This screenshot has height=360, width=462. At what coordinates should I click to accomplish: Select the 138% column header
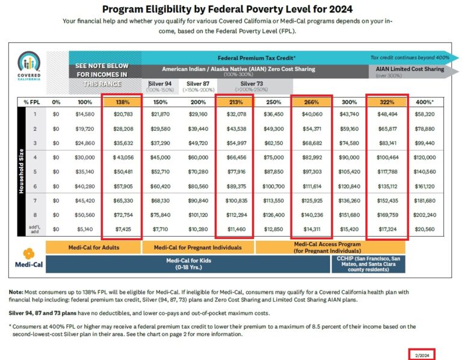click(x=122, y=102)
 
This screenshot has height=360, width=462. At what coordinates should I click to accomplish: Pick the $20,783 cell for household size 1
click(x=122, y=113)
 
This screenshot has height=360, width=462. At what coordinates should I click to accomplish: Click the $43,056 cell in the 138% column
click(x=122, y=158)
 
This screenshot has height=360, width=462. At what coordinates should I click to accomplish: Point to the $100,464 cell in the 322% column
click(x=388, y=158)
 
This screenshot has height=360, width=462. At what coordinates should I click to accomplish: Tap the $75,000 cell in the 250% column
click(x=274, y=158)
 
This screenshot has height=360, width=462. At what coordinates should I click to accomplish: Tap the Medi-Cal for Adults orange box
click(x=92, y=247)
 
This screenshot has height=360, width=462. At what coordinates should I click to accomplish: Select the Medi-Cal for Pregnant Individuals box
click(x=198, y=247)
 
